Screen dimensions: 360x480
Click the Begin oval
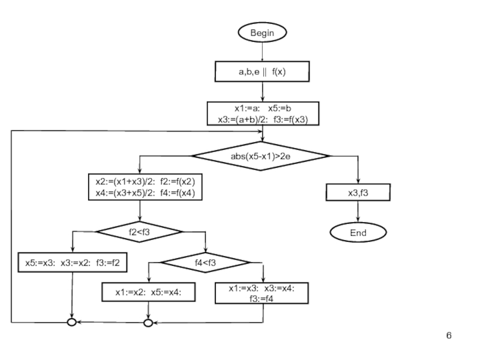tap(262, 33)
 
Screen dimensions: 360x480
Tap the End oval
tap(358, 232)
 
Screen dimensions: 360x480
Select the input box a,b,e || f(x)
tap(262, 72)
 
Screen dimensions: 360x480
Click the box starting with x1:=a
tap(262, 113)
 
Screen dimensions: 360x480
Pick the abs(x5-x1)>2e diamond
tap(261, 156)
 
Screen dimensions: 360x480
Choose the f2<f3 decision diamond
tap(139, 230)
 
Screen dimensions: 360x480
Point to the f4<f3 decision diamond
tap(205, 262)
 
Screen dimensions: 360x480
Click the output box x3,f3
tap(358, 193)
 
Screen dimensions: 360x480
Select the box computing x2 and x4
tap(145, 187)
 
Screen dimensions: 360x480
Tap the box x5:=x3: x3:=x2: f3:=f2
tap(73, 262)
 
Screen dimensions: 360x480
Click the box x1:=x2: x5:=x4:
tap(149, 292)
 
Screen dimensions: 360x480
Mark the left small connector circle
tap(71, 323)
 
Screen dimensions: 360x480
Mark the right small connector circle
tap(148, 323)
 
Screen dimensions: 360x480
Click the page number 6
tap(448, 334)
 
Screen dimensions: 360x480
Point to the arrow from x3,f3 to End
tap(358, 211)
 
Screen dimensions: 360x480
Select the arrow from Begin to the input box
tap(262, 52)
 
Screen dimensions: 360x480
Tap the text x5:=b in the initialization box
tap(280, 109)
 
